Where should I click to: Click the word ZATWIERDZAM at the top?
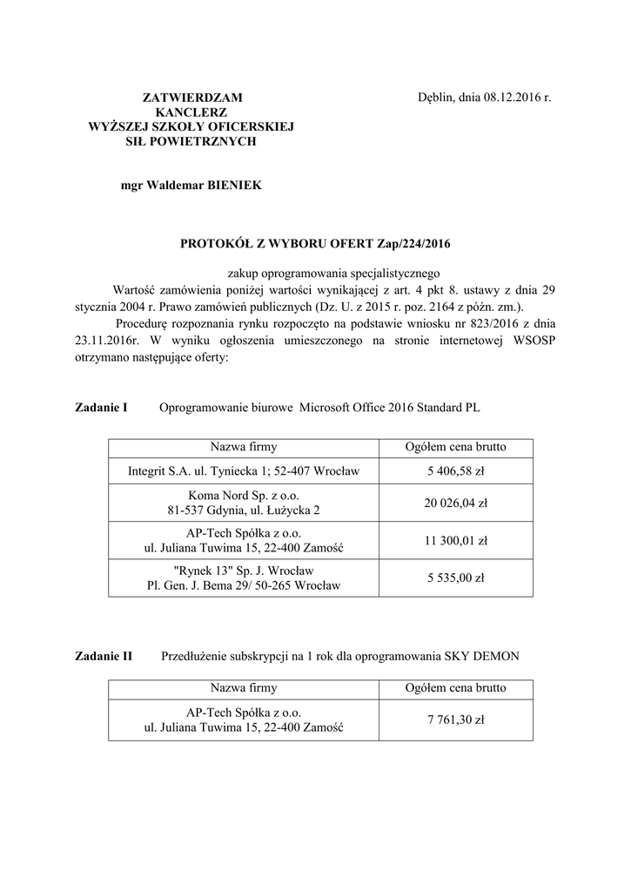pos(191,98)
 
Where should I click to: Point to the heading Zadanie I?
pos(102,407)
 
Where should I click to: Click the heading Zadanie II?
pos(104,656)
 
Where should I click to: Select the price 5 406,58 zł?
pos(456,472)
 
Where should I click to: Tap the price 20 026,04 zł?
pos(456,503)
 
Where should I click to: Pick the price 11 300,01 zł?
pos(456,540)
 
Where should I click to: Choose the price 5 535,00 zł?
pos(456,578)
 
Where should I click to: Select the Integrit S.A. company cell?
pos(244,472)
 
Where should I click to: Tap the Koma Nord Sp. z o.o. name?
pos(244,495)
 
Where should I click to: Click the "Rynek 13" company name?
pos(244,570)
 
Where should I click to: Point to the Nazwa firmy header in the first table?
pos(244,448)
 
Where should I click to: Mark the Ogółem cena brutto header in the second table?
pos(456,688)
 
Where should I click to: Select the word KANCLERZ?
pos(191,112)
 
